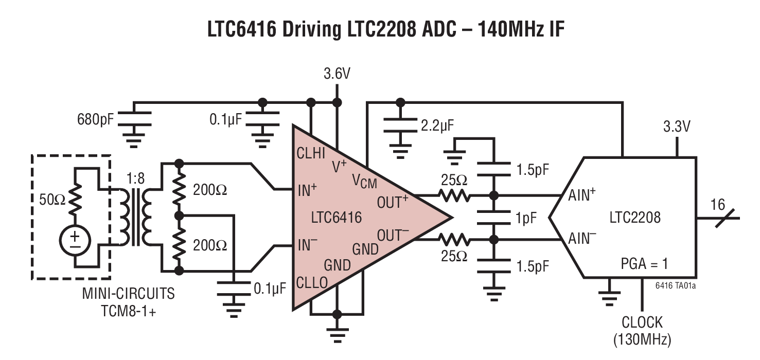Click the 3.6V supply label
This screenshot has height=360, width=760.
pyautogui.click(x=337, y=74)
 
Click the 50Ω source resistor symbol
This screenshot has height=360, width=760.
pyautogui.click(x=75, y=199)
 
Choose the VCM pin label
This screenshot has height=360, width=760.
pyautogui.click(x=364, y=182)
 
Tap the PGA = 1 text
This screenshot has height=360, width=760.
pyautogui.click(x=644, y=264)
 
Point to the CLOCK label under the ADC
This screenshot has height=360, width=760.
pyautogui.click(x=642, y=322)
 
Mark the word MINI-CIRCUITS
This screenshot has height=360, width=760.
pyautogui.click(x=128, y=294)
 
